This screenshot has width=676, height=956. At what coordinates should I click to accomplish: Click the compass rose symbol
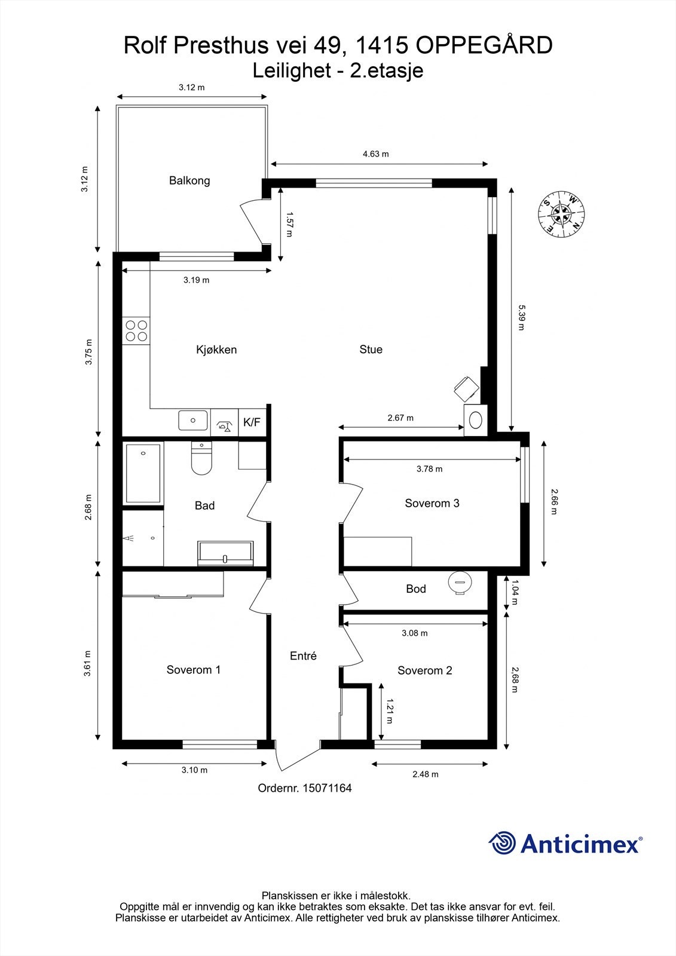point(561,215)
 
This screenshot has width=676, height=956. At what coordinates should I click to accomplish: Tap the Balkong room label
point(189,180)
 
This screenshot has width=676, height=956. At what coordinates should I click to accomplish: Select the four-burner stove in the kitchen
point(136,331)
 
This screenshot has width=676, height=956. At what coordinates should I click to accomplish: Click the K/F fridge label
point(252,422)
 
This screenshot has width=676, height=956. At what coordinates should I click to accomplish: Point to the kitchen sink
point(193,421)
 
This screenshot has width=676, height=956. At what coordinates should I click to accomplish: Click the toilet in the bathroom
point(201,458)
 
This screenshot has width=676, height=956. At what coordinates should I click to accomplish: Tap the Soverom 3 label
point(432,503)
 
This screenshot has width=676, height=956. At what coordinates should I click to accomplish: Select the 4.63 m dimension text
point(376,154)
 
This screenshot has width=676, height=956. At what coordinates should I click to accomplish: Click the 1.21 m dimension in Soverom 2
point(389,712)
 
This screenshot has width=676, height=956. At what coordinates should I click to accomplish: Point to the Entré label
point(303,655)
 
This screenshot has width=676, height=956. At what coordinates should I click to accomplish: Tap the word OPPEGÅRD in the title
point(484,45)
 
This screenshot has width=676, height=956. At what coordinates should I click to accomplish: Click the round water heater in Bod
point(460,583)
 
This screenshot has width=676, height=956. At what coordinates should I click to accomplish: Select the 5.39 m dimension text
point(521,317)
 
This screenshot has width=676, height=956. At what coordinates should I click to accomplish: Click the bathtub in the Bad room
point(143,473)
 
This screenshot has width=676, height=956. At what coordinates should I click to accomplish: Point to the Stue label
point(371,350)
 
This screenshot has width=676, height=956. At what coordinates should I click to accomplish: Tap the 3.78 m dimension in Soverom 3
point(430,468)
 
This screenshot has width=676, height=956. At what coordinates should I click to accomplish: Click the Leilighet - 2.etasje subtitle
point(338,71)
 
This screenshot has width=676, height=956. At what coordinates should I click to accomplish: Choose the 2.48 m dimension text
point(426,774)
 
